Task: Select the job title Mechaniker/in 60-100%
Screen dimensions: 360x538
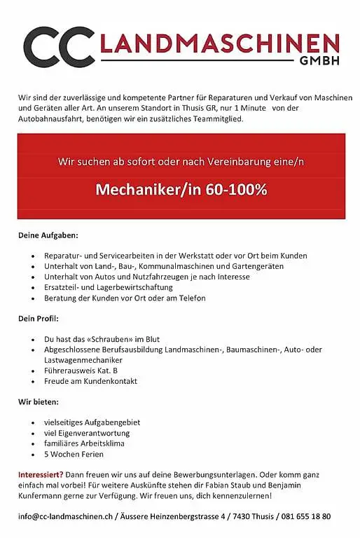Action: [x=181, y=190]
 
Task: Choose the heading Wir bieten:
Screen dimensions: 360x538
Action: [x=39, y=403]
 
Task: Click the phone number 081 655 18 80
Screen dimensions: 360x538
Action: [x=307, y=516]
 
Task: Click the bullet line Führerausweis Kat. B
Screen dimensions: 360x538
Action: [x=81, y=371]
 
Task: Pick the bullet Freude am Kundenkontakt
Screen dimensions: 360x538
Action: [x=90, y=381]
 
